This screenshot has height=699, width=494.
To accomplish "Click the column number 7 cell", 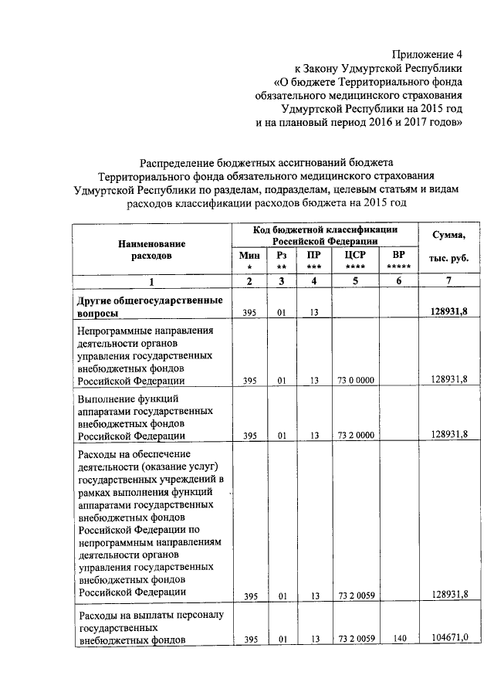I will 448,280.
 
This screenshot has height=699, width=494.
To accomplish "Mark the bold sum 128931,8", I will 448,312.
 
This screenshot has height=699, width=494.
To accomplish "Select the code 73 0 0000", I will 356,380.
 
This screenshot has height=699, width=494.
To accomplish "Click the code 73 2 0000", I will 356,436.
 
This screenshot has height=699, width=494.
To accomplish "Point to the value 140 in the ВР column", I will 398,640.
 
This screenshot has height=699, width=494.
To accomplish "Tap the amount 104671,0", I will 448,640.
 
